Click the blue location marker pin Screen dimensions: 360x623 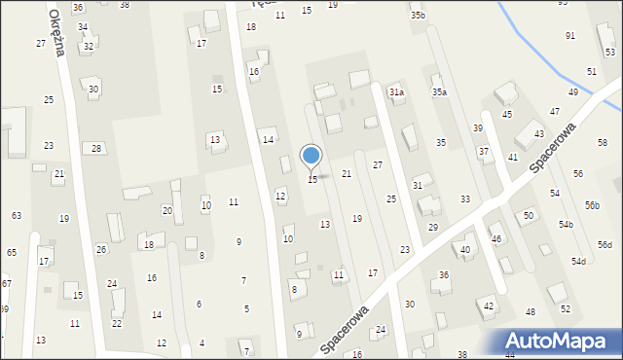(311, 156)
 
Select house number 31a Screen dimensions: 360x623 (396, 92)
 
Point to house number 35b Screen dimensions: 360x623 (418, 16)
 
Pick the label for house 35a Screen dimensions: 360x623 (440, 92)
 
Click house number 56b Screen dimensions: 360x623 (592, 205)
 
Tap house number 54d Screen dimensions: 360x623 (578, 262)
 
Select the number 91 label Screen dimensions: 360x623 (570, 36)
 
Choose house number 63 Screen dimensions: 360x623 (17, 215)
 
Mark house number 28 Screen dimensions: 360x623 (95, 148)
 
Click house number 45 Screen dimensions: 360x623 (506, 115)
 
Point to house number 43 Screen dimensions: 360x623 (538, 134)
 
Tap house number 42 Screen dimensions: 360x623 (489, 306)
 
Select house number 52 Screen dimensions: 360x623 (566, 309)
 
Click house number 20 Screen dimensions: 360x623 (166, 210)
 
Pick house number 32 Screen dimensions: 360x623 (89, 47)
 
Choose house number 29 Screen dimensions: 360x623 (432, 227)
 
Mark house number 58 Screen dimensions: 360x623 (603, 143)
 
